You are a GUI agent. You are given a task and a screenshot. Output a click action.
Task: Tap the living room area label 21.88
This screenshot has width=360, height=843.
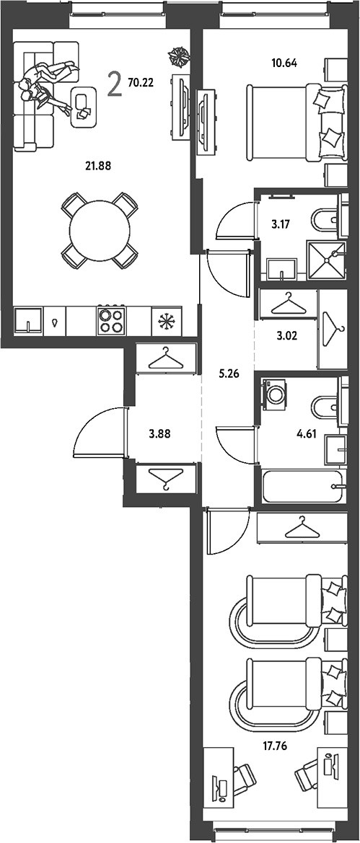click(97, 166)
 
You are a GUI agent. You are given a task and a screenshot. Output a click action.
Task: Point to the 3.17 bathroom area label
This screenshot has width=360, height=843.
click(278, 224)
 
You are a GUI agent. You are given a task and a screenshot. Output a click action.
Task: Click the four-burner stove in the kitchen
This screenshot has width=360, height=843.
click(111, 320)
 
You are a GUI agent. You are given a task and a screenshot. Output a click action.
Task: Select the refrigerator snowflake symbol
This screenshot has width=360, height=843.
click(167, 321)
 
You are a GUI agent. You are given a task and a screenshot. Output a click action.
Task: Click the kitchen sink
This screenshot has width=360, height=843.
click(28, 320)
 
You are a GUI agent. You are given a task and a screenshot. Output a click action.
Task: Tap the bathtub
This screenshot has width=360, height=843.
click(302, 487)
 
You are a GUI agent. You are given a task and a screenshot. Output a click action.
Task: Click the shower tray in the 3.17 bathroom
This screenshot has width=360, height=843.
click(325, 260)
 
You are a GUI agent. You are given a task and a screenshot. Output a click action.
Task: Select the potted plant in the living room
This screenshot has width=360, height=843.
click(177, 54)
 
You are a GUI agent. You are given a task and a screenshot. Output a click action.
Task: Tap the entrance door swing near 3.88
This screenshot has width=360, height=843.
click(98, 432)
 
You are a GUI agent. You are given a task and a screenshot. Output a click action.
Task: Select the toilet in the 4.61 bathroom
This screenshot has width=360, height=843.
click(325, 407)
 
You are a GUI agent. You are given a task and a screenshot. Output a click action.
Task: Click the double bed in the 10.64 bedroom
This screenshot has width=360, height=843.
click(294, 122)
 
